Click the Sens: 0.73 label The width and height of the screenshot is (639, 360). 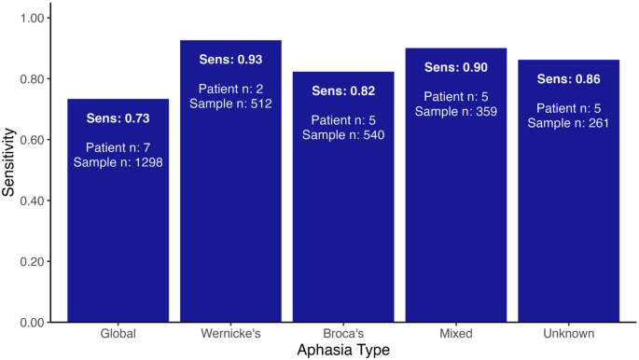pyautogui.click(x=118, y=119)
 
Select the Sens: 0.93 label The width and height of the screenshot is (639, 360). pyautogui.click(x=230, y=60)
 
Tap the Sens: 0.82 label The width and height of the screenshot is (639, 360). pyautogui.click(x=343, y=90)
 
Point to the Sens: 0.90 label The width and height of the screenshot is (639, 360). pyautogui.click(x=455, y=67)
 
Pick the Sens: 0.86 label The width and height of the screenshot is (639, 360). pyautogui.click(x=568, y=79)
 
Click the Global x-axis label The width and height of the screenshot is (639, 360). pyautogui.click(x=118, y=333)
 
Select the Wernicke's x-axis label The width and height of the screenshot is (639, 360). pyautogui.click(x=230, y=333)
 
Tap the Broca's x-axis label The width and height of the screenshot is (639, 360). pyautogui.click(x=343, y=333)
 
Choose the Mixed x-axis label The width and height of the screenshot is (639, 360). pyautogui.click(x=455, y=333)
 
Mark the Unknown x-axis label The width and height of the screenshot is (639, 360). pyautogui.click(x=568, y=333)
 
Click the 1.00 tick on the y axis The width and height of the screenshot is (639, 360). pyautogui.click(x=34, y=19)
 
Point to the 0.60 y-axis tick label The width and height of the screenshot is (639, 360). pyautogui.click(x=34, y=140)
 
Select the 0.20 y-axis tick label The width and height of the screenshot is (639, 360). pyautogui.click(x=34, y=262)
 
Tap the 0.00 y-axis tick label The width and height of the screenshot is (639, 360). pyautogui.click(x=34, y=323)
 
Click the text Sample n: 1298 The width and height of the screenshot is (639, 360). pyautogui.click(x=118, y=163)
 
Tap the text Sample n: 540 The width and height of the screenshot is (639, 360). pyautogui.click(x=343, y=135)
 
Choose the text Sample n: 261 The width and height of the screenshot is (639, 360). pyautogui.click(x=568, y=123)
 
